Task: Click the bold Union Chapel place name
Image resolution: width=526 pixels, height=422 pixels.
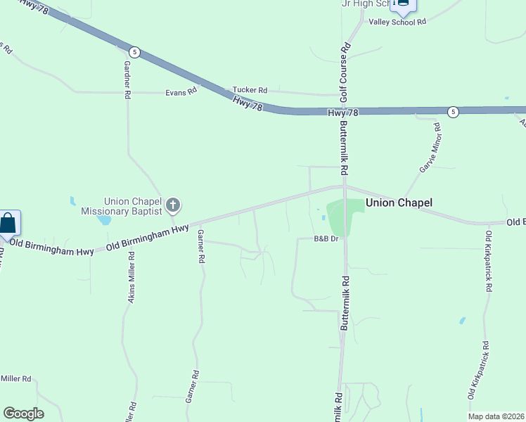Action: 398,203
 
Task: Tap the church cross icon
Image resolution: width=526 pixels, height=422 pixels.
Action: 173,206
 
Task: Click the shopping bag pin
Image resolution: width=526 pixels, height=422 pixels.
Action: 8,224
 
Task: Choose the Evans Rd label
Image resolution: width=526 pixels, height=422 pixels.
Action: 181,92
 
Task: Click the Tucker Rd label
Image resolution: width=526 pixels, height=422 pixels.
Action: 250,90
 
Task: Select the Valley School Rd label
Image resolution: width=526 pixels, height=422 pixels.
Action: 397,22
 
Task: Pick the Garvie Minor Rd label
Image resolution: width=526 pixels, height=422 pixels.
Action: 429,148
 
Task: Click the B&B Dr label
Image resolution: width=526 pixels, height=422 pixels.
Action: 326,239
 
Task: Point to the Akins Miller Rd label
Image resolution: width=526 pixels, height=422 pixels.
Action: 131,280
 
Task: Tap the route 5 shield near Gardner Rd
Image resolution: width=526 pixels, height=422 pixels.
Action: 135,52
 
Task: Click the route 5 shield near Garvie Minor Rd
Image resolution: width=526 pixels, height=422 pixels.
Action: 454,112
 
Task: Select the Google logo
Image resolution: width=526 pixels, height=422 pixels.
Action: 23,414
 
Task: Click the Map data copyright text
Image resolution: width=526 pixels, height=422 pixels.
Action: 496,416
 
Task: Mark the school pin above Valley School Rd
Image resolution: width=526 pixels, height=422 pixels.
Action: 403,4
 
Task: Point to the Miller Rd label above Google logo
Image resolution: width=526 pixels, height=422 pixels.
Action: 15,378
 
